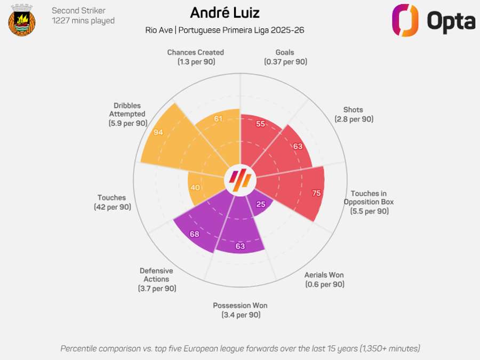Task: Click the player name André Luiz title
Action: tap(225, 12)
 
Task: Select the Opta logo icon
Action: tap(405, 20)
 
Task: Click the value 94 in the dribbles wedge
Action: tap(158, 132)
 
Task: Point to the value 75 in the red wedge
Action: tap(316, 193)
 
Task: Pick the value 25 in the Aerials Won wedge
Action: tap(261, 204)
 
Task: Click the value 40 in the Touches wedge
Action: tap(196, 188)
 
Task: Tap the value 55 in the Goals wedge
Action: tap(261, 124)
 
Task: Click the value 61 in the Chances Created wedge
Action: tap(218, 118)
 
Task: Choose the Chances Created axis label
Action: tap(195, 57)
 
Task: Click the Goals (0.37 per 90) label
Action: tap(285, 57)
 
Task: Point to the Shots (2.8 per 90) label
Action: tap(354, 114)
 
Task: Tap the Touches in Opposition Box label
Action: tap(369, 202)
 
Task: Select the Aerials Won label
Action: tap(324, 279)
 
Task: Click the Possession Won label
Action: tap(240, 310)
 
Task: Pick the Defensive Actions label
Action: tap(156, 279)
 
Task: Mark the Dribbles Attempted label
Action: tap(127, 114)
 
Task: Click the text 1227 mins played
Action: tap(83, 21)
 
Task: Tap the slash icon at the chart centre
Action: tap(239, 180)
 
